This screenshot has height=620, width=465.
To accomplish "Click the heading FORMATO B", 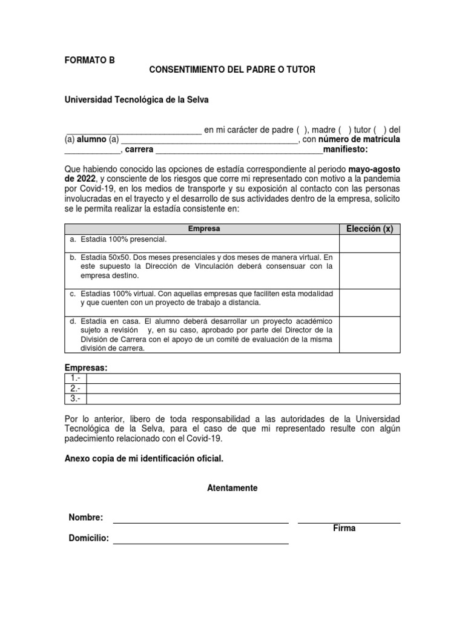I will (x=89, y=60).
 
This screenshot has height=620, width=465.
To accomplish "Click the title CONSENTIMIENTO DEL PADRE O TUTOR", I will (x=232, y=70).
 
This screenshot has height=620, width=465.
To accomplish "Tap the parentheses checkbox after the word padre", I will (x=302, y=130).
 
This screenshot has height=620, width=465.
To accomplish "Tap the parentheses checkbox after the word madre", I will (x=345, y=130).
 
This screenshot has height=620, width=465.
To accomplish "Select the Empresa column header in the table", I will (x=203, y=229).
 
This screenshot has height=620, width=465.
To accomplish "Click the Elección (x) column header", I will (x=369, y=229).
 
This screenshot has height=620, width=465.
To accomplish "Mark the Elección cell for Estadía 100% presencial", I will (x=369, y=243).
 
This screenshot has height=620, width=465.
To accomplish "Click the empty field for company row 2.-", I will (x=243, y=388).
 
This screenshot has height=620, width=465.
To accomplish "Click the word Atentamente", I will (x=232, y=488).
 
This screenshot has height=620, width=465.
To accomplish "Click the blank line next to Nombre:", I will (x=200, y=518).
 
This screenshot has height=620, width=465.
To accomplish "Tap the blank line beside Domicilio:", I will (x=200, y=539).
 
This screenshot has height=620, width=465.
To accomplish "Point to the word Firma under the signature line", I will (x=344, y=529).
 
